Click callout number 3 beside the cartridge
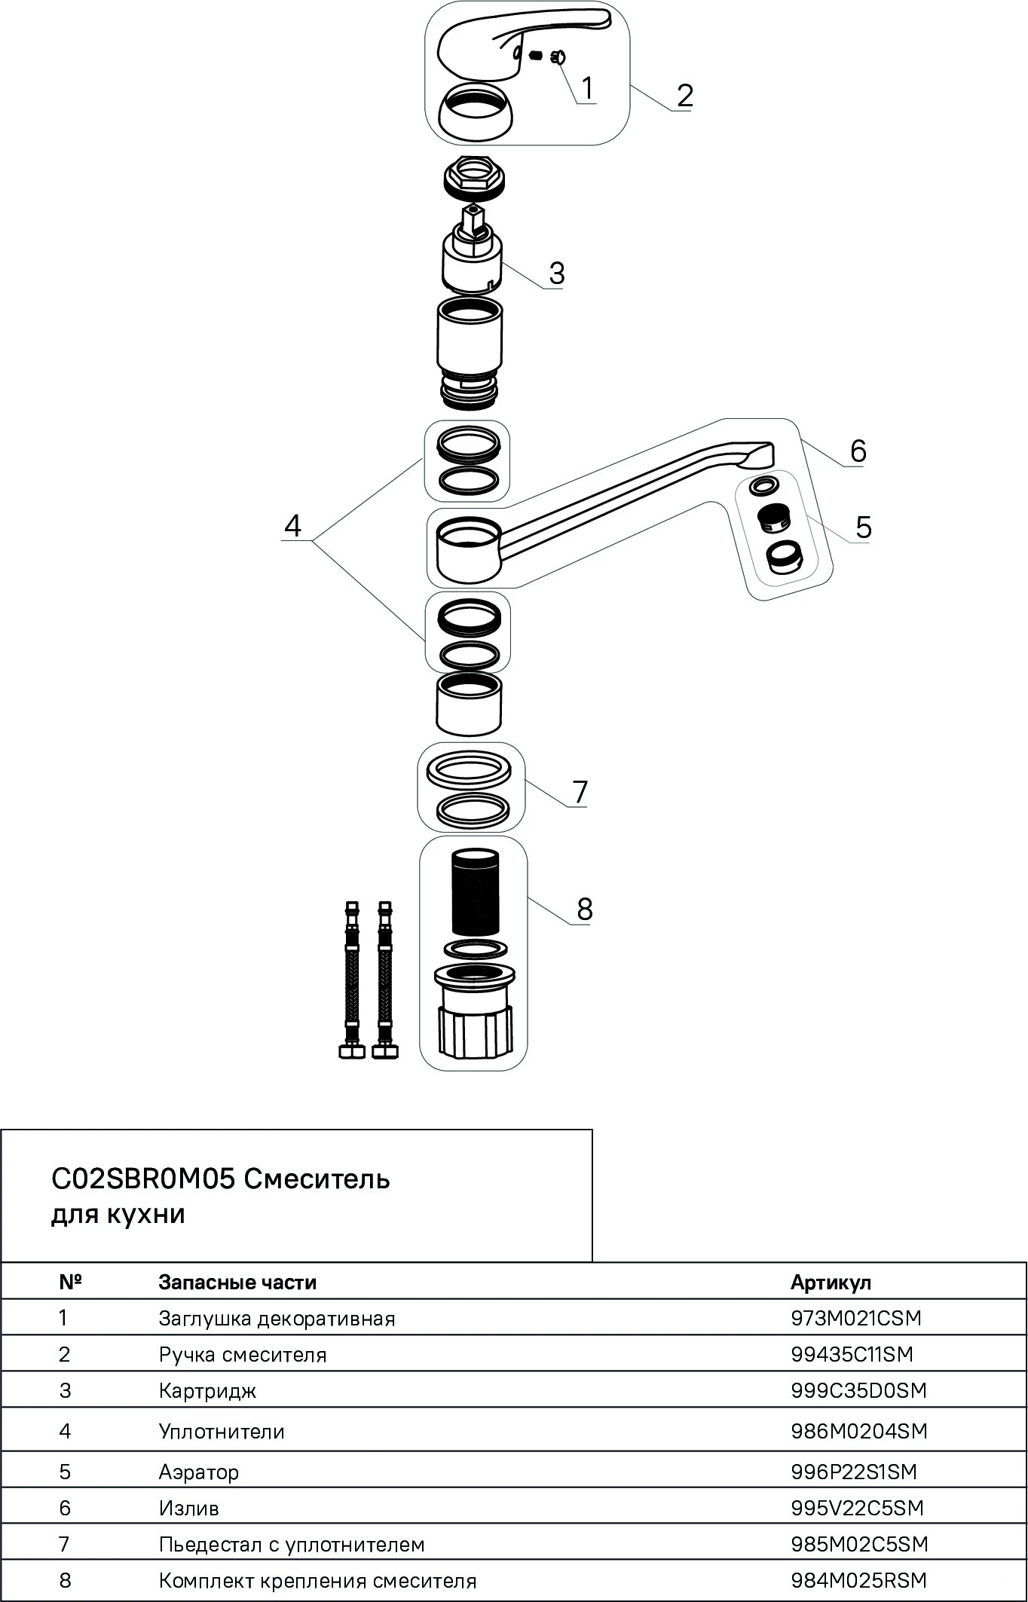coord(556,274)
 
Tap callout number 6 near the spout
coord(858,451)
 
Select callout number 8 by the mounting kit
coord(585,910)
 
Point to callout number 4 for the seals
coord(292,525)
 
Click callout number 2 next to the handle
coord(684,96)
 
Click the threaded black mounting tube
coord(475,893)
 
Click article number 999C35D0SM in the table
coord(858,1390)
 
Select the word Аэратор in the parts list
coord(199,1472)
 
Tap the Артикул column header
coord(831,1283)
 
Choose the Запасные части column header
coord(237,1283)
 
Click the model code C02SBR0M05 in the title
coord(143,1179)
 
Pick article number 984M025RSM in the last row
coord(858,1581)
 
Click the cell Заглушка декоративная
coord(277,1319)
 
